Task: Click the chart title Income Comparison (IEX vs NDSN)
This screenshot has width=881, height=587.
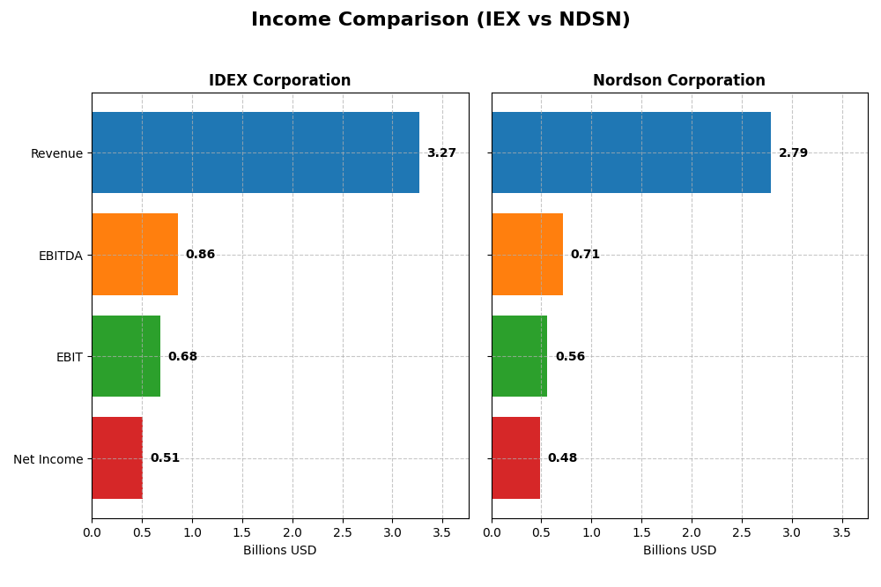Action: [x=440, y=19]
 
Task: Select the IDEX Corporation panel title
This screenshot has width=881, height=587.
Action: [x=279, y=80]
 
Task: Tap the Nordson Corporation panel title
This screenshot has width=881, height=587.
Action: [x=678, y=80]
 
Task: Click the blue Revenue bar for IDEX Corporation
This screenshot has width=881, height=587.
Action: [x=255, y=152]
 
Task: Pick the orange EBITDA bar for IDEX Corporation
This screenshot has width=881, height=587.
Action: [x=135, y=255]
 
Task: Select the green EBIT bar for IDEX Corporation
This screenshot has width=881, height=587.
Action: [x=126, y=356]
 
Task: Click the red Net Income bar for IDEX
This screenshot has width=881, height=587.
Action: [x=117, y=458]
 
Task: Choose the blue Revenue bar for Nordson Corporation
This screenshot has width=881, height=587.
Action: [x=631, y=152]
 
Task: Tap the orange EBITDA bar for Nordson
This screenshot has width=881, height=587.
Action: [x=527, y=255]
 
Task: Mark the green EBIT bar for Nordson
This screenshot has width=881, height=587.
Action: [x=520, y=356]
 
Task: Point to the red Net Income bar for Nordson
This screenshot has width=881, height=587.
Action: [x=515, y=458]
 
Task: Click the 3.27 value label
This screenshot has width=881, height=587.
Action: [x=441, y=153]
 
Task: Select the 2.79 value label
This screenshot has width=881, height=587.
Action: [x=793, y=153]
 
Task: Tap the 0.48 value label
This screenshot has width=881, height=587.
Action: [x=562, y=458]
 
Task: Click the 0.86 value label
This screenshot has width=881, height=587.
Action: [x=200, y=255]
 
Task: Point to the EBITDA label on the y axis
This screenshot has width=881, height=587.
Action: [x=60, y=256]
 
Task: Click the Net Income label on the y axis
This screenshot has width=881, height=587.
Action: [x=48, y=459]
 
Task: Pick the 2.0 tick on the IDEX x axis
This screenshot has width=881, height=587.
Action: [x=292, y=532]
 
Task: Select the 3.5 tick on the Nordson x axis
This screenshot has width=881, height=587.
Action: [x=842, y=532]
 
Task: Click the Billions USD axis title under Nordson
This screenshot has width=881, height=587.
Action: [x=679, y=550]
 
